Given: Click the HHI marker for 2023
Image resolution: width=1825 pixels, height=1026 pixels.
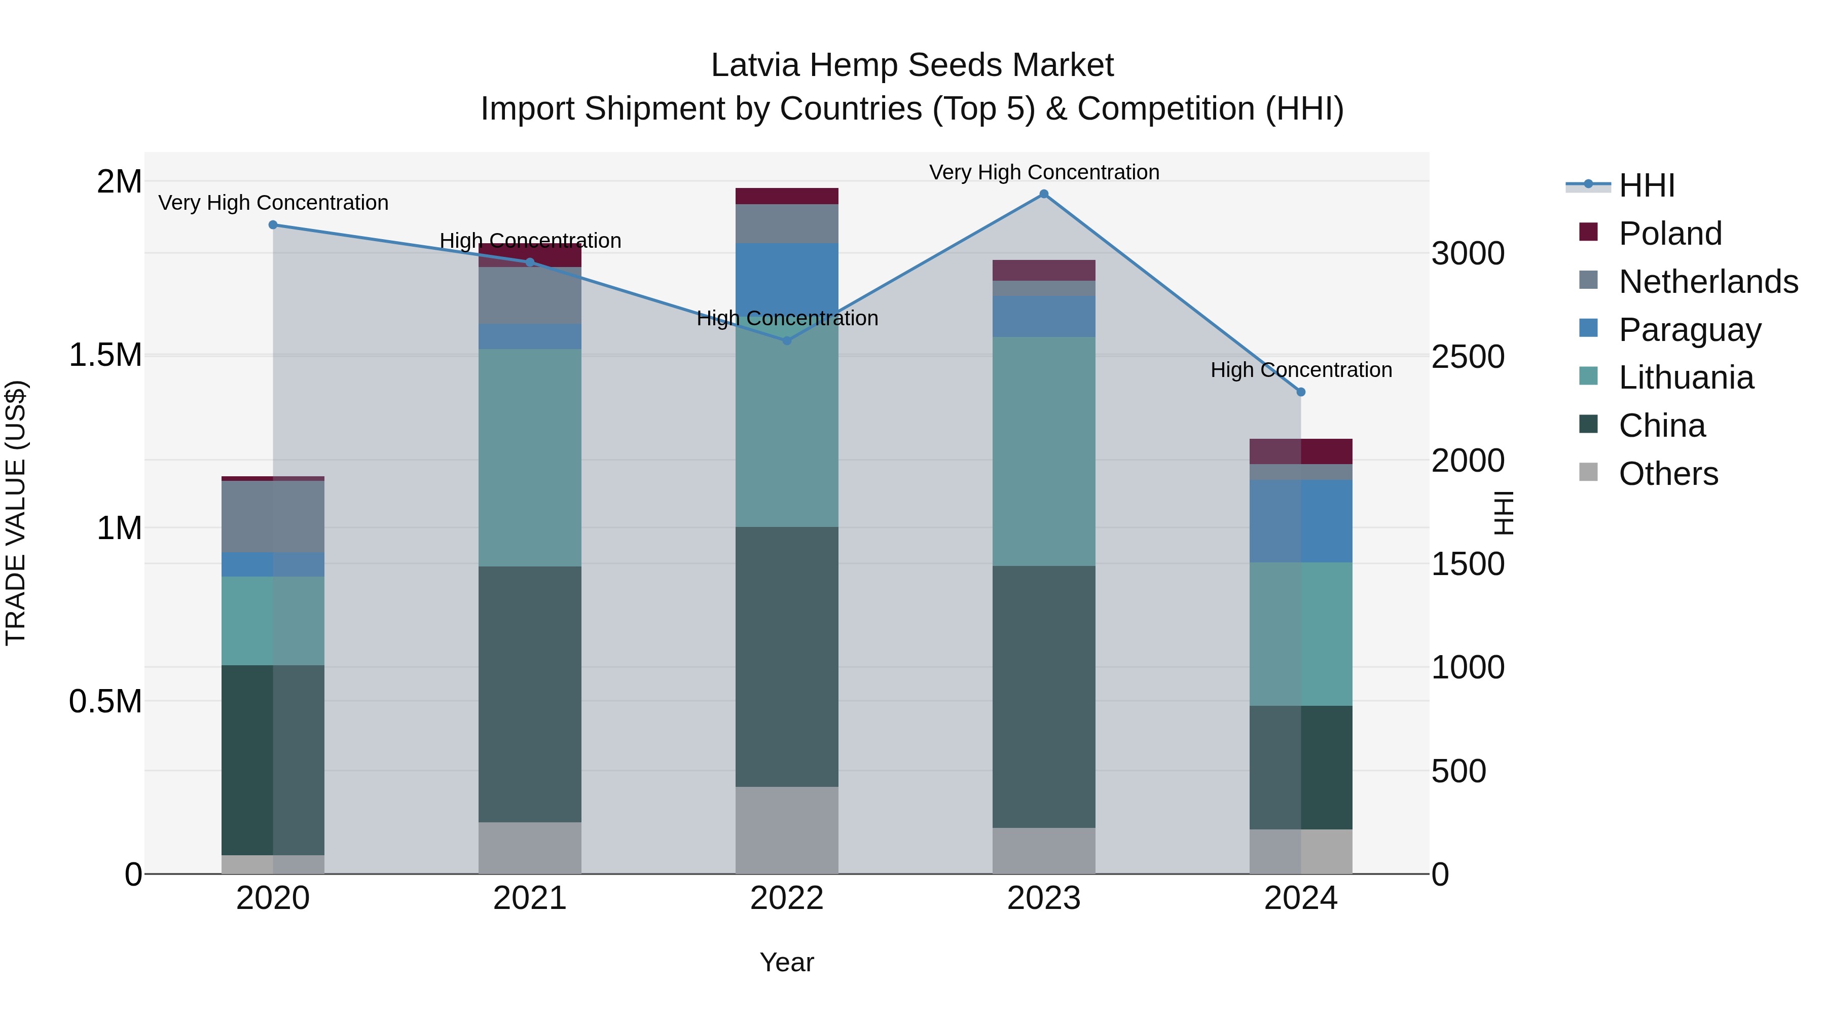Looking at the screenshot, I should [1044, 194].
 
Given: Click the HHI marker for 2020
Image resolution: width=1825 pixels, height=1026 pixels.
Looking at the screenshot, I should [273, 225].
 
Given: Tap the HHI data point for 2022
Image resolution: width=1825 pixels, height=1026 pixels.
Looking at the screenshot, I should [786, 340].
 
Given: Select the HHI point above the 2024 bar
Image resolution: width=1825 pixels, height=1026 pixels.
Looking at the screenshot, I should [1301, 392].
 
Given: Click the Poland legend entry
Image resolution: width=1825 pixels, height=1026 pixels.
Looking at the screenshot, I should [1670, 234].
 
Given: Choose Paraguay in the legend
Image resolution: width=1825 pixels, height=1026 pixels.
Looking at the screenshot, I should [1689, 330].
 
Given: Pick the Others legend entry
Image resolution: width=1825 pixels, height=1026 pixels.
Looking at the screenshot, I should [1668, 474].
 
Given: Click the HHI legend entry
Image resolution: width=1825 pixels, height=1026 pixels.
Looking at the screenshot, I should [1647, 185].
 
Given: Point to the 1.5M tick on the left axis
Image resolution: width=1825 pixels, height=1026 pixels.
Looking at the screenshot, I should [105, 355].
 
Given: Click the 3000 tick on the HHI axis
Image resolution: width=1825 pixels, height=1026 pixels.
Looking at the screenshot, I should [1468, 253].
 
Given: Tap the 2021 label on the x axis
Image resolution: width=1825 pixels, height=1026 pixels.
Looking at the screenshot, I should [530, 898].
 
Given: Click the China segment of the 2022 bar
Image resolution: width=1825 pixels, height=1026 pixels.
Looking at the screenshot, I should [786, 656].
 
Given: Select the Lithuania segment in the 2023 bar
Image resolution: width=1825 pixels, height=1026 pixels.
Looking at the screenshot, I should [1044, 451].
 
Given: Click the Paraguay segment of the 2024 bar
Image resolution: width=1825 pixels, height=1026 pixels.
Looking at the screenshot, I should [1301, 521].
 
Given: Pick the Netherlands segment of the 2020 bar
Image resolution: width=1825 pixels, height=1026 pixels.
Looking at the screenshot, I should [273, 516].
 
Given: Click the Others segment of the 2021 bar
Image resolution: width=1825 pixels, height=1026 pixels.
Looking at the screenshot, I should [530, 848].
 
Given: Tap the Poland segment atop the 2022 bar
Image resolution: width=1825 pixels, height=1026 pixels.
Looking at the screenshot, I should [786, 196].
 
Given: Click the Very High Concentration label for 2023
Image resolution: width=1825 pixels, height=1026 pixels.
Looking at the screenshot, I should [1044, 172].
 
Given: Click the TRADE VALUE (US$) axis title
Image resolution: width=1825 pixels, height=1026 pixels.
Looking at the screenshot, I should [16, 513].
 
